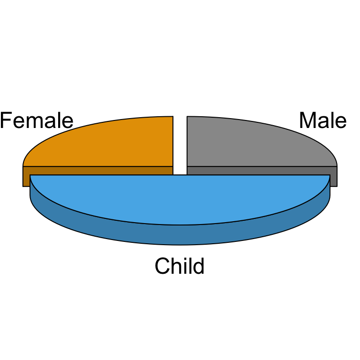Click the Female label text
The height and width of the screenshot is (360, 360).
point(37,120)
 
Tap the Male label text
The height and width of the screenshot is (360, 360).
point(323,120)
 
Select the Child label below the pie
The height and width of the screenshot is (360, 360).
point(180,266)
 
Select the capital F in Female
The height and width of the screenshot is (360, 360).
point(6,120)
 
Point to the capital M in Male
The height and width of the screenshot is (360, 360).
point(307,120)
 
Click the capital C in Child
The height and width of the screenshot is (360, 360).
point(163,266)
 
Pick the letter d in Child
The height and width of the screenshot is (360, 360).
point(198,266)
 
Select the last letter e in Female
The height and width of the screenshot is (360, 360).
point(67,122)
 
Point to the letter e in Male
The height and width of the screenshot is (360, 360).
point(341,122)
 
